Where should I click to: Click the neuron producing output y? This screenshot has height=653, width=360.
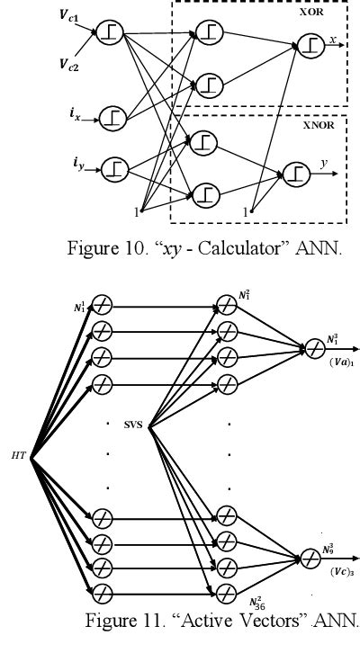295,172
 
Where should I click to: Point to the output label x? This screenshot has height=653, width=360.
334,40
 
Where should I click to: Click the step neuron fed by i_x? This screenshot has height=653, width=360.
112,115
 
